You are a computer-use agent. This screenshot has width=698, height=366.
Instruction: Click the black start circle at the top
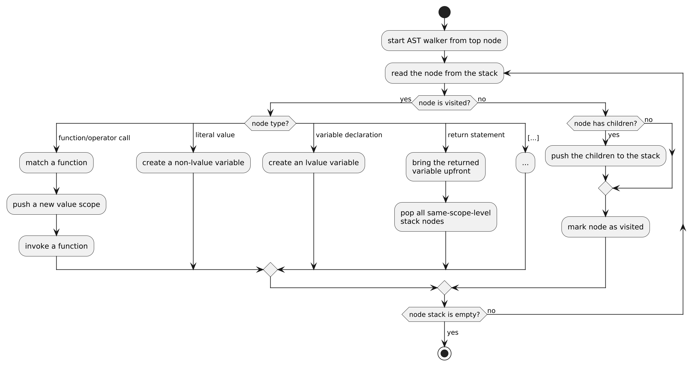(444, 12)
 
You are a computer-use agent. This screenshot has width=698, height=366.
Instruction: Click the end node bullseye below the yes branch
(444, 353)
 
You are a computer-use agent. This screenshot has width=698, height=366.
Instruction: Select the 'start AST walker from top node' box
(444, 41)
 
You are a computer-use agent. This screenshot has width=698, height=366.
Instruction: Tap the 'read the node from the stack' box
(444, 73)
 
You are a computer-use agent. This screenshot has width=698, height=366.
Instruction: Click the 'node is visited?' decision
(444, 103)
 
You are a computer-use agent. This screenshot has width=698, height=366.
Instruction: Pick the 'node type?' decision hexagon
(270, 124)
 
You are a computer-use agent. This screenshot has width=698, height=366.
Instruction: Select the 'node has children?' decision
(605, 124)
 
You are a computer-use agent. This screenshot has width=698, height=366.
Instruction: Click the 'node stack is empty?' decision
(444, 315)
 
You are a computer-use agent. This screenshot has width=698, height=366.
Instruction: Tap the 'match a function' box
(56, 163)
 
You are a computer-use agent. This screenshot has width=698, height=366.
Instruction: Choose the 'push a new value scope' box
(56, 205)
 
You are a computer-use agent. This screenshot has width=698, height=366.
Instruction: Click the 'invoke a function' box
(56, 246)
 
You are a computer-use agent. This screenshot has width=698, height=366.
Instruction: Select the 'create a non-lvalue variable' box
(193, 163)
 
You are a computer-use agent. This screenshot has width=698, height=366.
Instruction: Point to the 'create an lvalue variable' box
(314, 163)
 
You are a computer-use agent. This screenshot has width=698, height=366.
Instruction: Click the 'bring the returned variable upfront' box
(446, 167)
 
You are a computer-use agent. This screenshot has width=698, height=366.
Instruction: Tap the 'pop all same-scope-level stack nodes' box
(446, 217)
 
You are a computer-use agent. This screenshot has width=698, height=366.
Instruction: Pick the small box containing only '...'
(525, 163)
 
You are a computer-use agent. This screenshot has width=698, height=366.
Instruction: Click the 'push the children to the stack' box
(605, 156)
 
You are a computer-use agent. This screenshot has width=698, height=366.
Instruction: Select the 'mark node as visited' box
(605, 227)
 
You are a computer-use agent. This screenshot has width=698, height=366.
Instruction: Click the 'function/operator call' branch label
(94, 138)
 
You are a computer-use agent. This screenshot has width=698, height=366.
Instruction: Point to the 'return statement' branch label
(476, 135)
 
